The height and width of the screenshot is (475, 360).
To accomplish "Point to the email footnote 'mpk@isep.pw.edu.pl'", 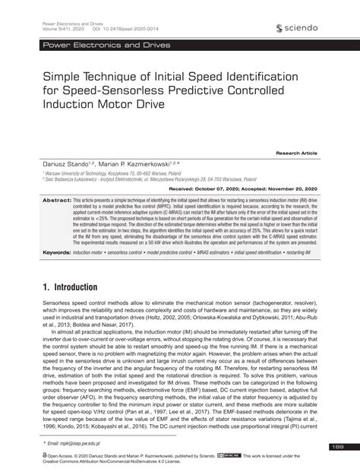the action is pyautogui.click(x=76, y=441).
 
